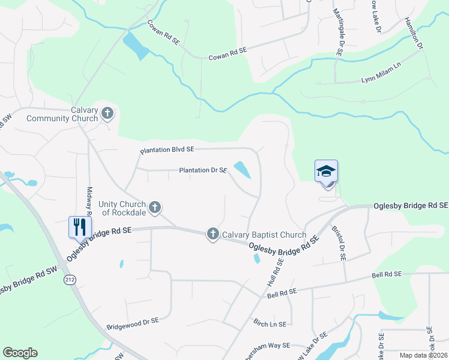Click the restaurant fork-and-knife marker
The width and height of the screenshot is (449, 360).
(80, 227)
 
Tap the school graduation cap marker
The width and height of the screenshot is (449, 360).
(326, 172)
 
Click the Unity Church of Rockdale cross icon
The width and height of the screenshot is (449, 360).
(155, 208)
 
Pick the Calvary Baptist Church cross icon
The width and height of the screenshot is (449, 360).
(212, 234)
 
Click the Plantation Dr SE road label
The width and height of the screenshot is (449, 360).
(203, 170)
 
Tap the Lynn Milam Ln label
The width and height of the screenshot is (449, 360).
(381, 79)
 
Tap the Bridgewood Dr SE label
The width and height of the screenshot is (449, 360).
(132, 324)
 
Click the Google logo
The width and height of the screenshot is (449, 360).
(20, 353)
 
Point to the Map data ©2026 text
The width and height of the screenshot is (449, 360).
(423, 355)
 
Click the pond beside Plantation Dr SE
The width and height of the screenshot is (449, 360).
(243, 170)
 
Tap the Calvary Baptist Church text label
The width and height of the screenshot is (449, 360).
(264, 235)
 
